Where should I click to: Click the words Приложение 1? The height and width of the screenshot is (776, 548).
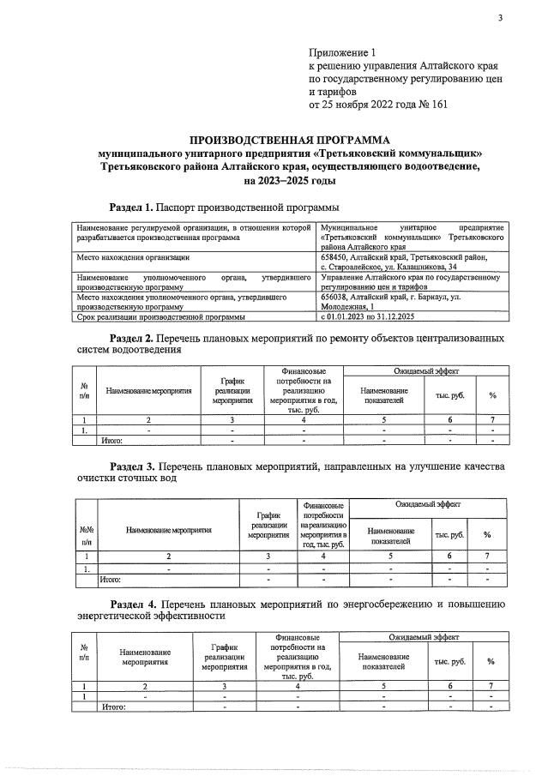point(342,52)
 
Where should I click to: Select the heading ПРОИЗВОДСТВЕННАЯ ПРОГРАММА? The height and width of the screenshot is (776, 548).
point(288,140)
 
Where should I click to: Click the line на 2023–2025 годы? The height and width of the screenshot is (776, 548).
point(289,181)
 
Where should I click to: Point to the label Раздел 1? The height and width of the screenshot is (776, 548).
point(132,208)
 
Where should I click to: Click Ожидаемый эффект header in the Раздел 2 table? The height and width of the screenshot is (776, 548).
point(425,370)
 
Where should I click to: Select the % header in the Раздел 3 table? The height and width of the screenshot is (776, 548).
point(486,535)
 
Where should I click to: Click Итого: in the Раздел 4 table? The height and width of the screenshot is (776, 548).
point(113,707)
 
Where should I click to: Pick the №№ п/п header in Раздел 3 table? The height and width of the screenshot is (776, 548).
point(86,535)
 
